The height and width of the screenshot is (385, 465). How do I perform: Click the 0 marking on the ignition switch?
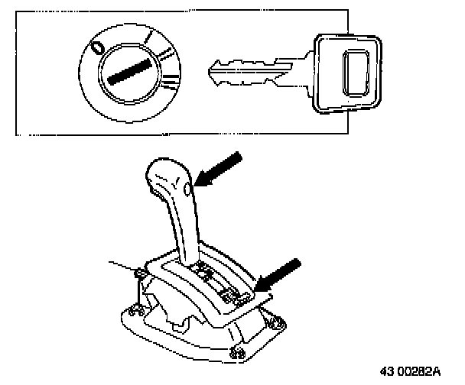[97, 48]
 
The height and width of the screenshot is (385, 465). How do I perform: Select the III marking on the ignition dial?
[171, 82]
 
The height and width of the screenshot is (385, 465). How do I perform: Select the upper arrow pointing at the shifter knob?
[220, 168]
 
